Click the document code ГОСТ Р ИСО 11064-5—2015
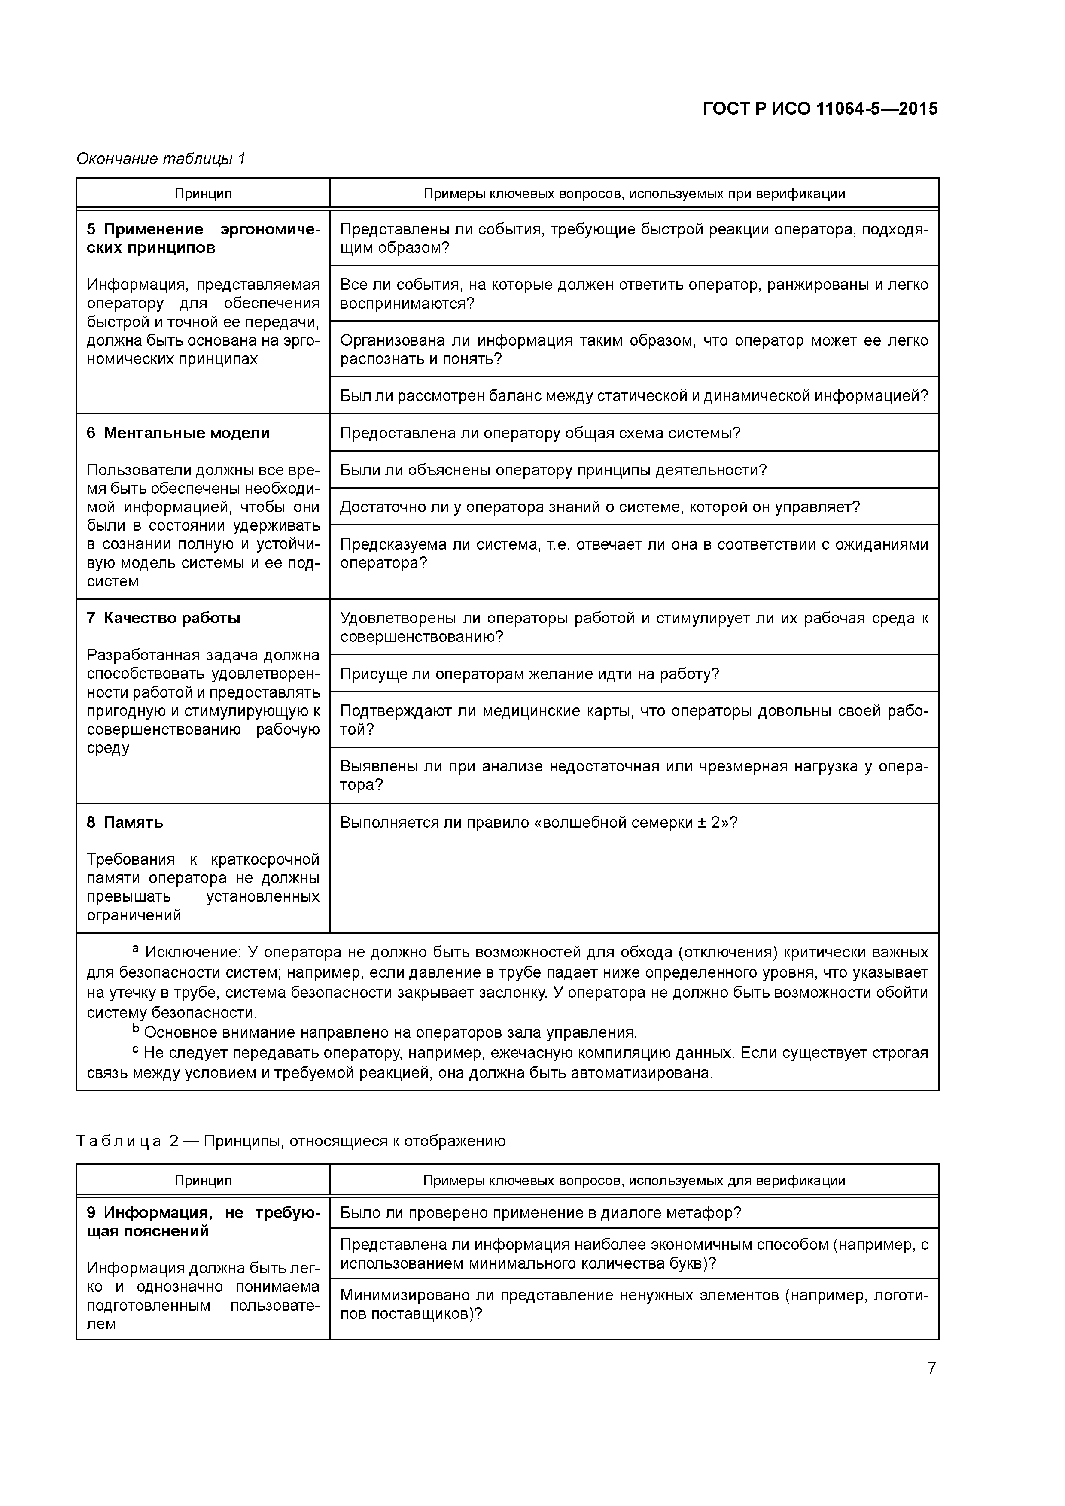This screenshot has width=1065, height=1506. (820, 109)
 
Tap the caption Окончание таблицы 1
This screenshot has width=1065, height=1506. (161, 159)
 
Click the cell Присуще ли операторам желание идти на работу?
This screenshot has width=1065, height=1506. (529, 674)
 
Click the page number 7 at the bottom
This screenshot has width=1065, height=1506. (931, 1368)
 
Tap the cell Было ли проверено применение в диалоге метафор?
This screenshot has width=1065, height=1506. (540, 1213)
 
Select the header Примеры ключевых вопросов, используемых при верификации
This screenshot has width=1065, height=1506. (633, 194)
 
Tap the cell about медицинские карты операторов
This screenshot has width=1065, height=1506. (633, 720)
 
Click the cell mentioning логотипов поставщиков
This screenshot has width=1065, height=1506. (633, 1305)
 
